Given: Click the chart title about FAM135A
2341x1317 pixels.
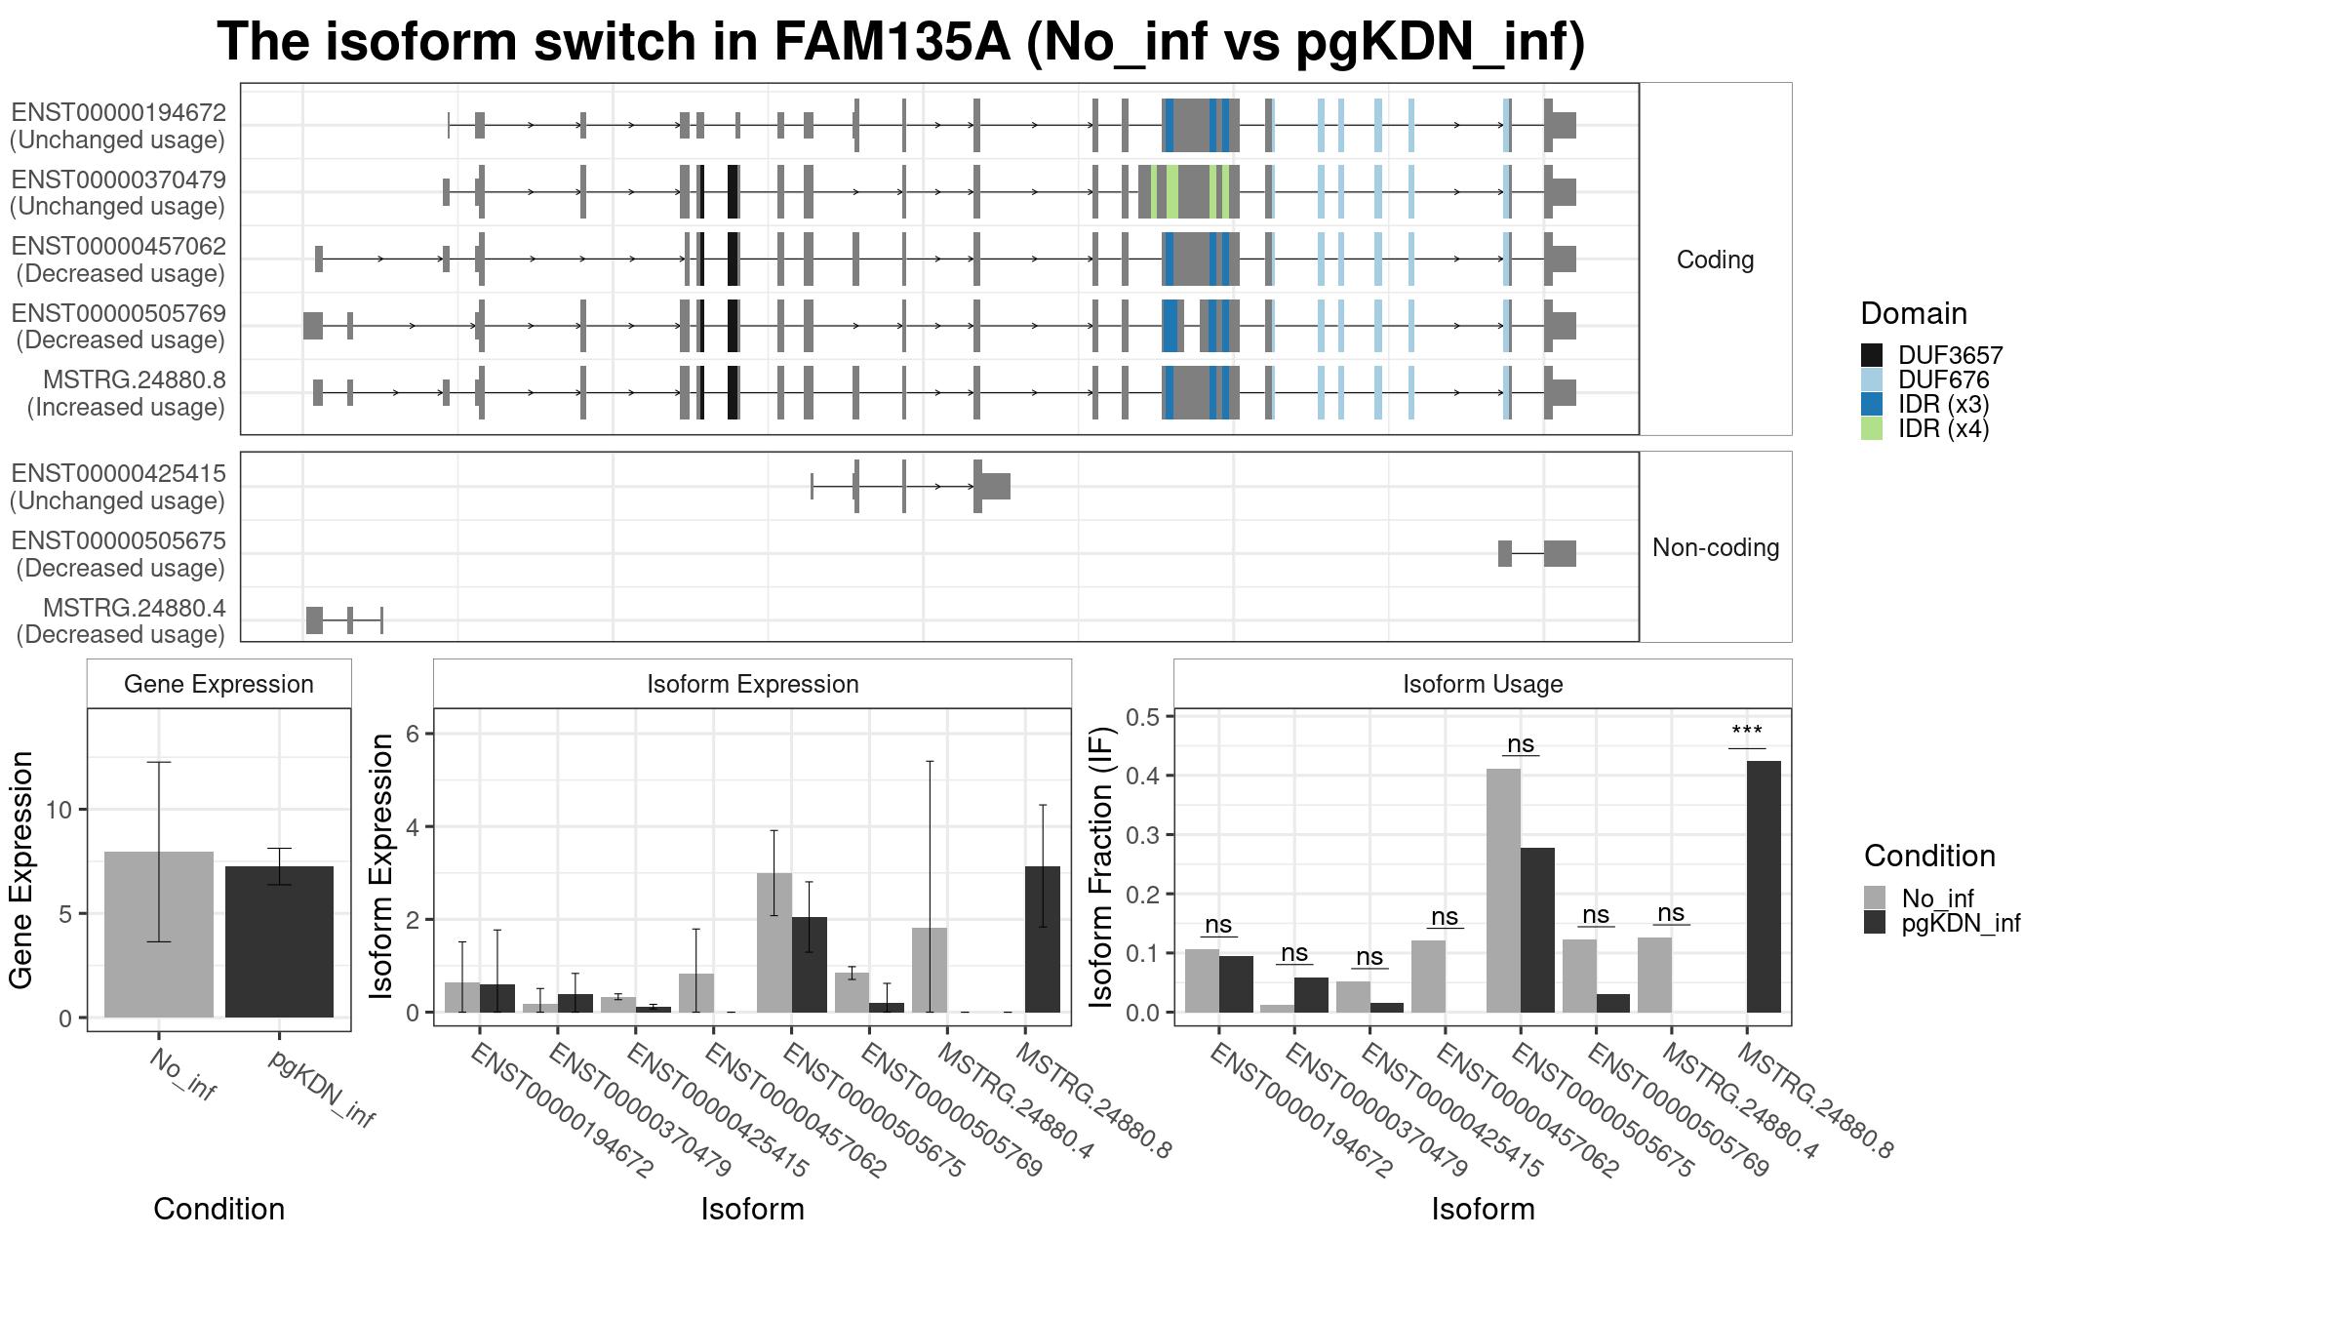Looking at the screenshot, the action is [x=900, y=42].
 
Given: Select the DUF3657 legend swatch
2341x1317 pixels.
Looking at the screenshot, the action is [x=1872, y=355].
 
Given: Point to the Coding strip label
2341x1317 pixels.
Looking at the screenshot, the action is [x=1715, y=259].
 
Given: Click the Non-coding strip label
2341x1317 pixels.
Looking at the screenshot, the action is [x=1716, y=547].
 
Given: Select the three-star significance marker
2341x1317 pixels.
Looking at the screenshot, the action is [x=1747, y=733].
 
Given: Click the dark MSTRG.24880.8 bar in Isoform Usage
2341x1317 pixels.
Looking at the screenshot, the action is [x=1764, y=887].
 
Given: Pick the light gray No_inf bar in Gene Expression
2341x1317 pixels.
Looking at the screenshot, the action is [x=159, y=935].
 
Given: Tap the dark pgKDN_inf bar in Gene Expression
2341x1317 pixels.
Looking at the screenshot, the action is [x=279, y=941].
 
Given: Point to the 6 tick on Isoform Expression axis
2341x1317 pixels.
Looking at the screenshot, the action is [x=413, y=733].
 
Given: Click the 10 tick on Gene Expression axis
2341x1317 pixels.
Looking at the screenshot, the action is [x=59, y=810].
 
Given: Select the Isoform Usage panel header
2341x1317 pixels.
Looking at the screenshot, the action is [x=1483, y=684].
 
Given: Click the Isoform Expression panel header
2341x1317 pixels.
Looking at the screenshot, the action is [x=753, y=684].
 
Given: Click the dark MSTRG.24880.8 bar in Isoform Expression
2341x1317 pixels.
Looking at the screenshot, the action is [x=1043, y=939].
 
